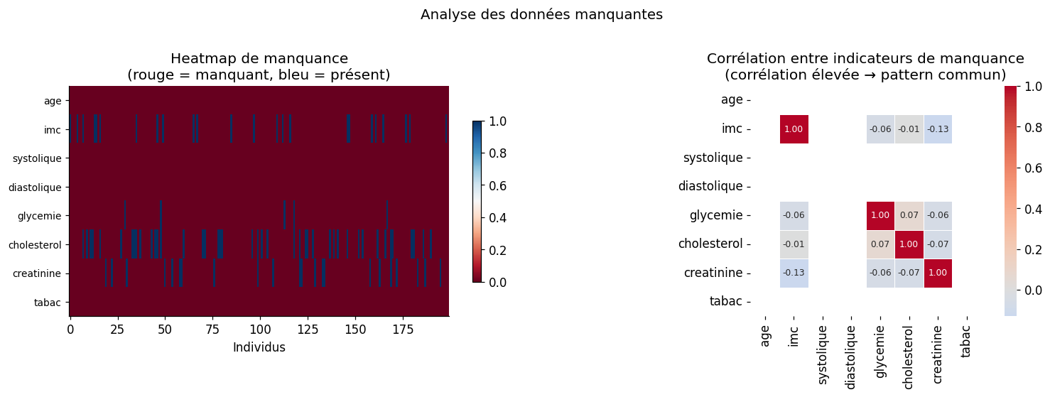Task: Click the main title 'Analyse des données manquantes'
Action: (541, 15)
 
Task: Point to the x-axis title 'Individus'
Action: (259, 347)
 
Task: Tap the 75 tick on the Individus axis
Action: (213, 330)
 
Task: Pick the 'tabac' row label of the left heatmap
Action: (48, 303)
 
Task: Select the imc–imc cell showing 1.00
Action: (794, 129)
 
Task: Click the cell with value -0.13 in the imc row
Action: (938, 129)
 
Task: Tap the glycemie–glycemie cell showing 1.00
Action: (880, 215)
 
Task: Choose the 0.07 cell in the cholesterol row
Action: (880, 244)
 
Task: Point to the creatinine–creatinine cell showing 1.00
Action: (938, 273)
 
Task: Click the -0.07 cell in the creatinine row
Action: (909, 273)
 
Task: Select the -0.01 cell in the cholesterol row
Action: (794, 244)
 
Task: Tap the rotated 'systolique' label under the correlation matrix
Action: (823, 354)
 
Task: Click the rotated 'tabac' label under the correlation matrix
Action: (966, 341)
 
